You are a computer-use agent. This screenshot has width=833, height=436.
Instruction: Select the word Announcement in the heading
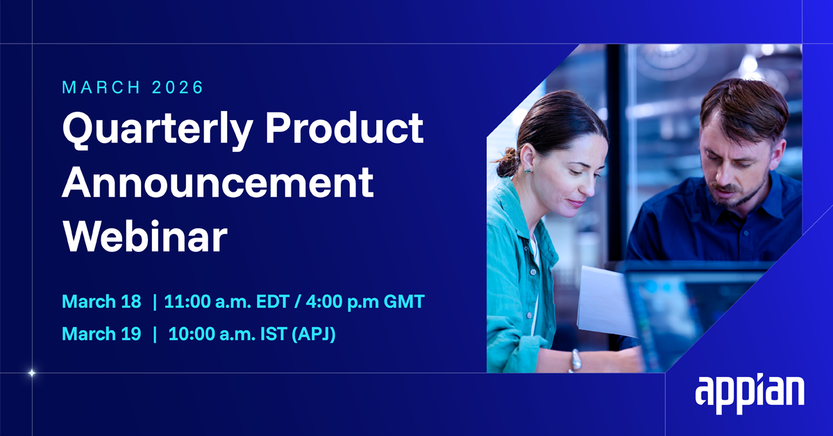(217, 183)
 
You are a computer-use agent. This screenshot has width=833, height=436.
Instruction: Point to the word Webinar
(144, 237)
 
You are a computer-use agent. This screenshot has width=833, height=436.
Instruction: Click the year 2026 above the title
(178, 87)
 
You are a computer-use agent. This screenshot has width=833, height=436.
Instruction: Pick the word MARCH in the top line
(101, 87)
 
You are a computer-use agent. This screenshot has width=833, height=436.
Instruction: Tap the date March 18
(101, 301)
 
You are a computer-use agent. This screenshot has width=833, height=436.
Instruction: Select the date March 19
(101, 334)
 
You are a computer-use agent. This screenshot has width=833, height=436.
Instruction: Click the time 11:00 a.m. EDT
(226, 301)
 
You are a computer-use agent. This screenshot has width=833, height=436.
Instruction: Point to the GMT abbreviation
(404, 301)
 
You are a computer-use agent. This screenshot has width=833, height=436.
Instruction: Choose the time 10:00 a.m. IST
(228, 334)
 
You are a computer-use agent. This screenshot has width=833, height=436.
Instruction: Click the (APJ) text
(314, 334)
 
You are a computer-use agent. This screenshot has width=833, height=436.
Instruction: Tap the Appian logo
(749, 395)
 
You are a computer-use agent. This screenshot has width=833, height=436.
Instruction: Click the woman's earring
(528, 170)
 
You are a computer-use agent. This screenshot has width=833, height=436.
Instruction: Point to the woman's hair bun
(507, 162)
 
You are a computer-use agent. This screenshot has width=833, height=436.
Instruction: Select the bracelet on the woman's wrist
(575, 360)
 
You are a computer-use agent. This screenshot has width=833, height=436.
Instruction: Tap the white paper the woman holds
(605, 302)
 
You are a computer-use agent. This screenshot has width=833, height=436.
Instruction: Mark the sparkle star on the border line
(32, 373)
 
